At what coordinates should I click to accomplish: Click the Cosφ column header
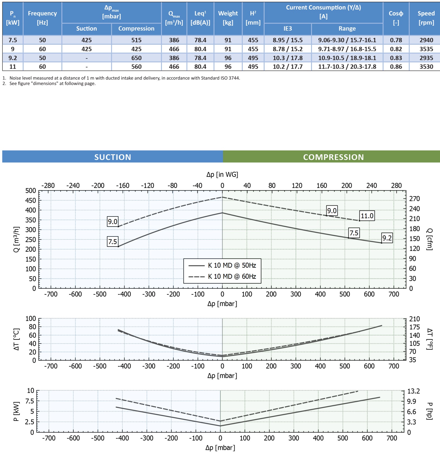click(396, 18)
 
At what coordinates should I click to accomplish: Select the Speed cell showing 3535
click(426, 49)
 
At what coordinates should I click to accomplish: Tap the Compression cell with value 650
click(136, 58)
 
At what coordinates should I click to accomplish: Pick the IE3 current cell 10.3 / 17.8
click(288, 58)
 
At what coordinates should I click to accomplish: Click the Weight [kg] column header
click(228, 18)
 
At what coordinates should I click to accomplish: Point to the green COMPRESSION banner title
click(333, 157)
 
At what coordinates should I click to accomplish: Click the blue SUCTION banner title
click(113, 157)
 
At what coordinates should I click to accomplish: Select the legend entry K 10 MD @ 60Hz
click(232, 276)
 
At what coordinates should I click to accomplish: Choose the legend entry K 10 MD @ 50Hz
click(232, 265)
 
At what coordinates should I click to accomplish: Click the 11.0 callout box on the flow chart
click(367, 216)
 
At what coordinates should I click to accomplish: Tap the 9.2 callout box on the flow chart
click(387, 238)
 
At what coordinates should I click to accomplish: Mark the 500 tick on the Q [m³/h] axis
click(31, 191)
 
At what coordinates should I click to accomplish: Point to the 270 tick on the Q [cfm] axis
click(414, 199)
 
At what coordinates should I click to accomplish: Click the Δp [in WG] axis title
click(222, 174)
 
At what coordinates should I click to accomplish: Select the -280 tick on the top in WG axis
click(48, 185)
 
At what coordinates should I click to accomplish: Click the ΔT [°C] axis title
click(16, 339)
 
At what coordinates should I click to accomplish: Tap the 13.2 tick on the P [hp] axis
click(413, 391)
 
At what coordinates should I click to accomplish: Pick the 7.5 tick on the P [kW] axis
click(30, 401)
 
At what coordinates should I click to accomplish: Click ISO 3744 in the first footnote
click(230, 78)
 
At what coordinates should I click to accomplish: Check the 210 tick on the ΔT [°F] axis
click(414, 319)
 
